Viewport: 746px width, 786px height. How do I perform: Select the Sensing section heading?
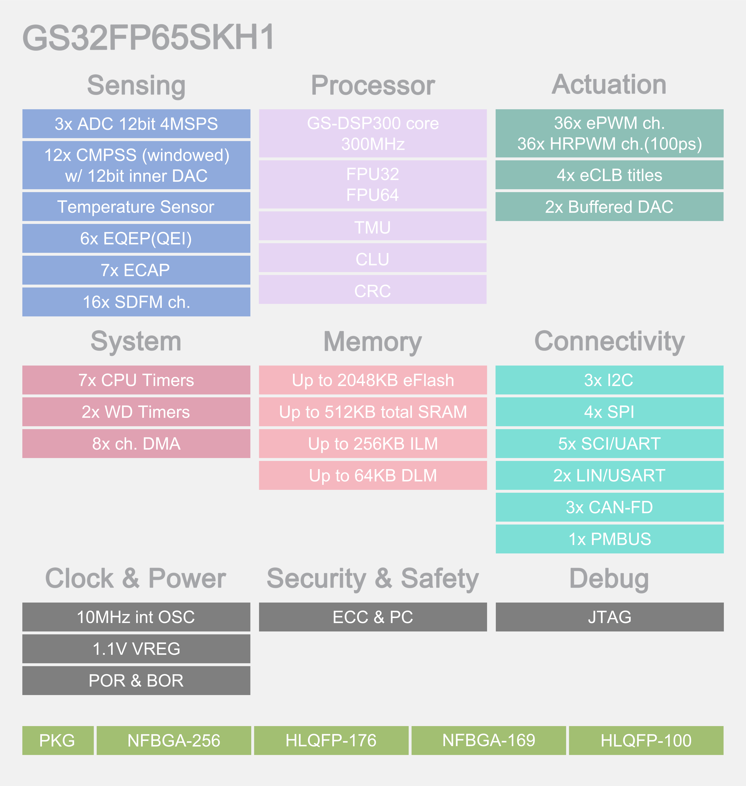pyautogui.click(x=136, y=86)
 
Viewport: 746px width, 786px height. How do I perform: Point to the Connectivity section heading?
pyautogui.click(x=609, y=341)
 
